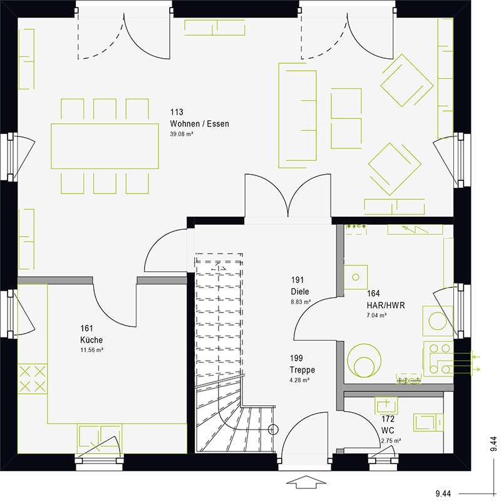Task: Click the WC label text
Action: [x=388, y=431]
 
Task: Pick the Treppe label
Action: [x=301, y=369]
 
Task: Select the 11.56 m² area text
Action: [x=91, y=349]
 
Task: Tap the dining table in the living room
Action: [x=105, y=145]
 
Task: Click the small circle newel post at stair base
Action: [x=272, y=430]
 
